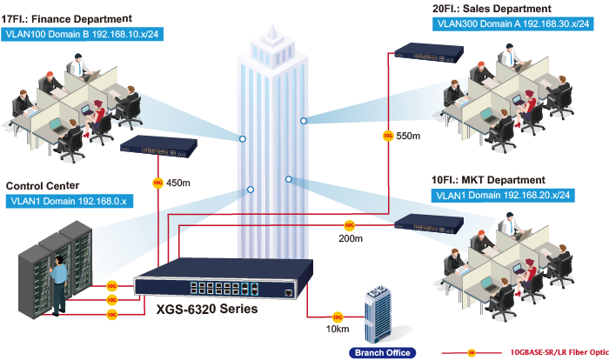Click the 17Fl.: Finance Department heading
[x=66, y=19]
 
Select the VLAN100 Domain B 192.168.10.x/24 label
[x=82, y=34]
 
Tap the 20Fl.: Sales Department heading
[x=492, y=9]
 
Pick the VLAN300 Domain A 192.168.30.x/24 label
[x=513, y=23]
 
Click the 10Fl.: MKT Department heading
[x=488, y=180]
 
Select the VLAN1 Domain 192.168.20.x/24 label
[x=503, y=196]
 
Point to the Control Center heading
[x=43, y=186]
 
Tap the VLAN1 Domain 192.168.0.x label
[x=69, y=201]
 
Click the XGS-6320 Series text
[x=207, y=309]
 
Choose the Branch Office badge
[x=383, y=353]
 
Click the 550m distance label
[x=408, y=136]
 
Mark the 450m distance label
[x=178, y=183]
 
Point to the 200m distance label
[x=351, y=238]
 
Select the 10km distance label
[x=338, y=329]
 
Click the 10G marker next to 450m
[x=157, y=183]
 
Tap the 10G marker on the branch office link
[x=338, y=317]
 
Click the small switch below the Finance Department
[x=158, y=146]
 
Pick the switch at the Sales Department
[x=429, y=52]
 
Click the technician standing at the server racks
[x=58, y=284]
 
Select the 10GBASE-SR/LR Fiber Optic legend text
[x=559, y=352]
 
